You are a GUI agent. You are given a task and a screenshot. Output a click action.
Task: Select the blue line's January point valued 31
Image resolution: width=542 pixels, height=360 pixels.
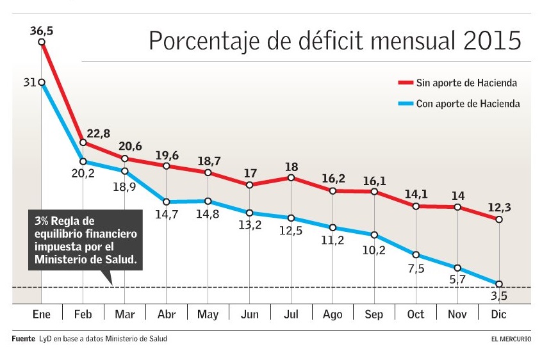[42, 82]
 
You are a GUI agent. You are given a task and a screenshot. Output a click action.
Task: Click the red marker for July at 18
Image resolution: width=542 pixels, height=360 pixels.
[292, 177]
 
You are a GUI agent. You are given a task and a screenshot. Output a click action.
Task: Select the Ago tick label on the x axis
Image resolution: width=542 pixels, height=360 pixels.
[333, 315]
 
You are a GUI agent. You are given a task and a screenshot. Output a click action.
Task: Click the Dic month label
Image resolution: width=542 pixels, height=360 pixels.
[499, 315]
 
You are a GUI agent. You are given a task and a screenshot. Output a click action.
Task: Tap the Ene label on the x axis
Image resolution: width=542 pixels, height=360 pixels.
[42, 315]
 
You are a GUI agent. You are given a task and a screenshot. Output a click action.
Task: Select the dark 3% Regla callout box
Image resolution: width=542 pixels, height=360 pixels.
[85, 240]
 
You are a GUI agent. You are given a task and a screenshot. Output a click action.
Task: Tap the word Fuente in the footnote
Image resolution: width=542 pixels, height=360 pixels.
[23, 339]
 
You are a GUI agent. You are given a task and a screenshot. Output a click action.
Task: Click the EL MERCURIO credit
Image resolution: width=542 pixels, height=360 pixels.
[507, 339]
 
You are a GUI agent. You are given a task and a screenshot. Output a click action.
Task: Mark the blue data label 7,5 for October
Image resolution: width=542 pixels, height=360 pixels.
[416, 268]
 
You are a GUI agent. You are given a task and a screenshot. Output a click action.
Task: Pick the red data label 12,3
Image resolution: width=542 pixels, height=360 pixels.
[500, 206]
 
